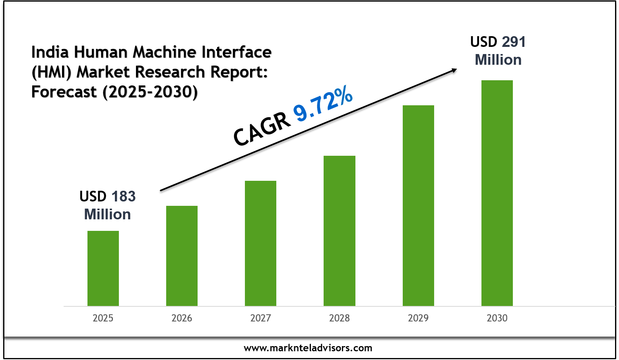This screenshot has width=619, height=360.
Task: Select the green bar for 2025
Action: [103, 268]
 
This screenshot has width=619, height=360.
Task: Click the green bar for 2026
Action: [182, 255]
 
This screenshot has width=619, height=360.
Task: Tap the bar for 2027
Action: [260, 243]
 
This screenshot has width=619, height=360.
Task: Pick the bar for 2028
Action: [339, 230]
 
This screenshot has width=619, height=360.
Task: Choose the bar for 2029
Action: [418, 205]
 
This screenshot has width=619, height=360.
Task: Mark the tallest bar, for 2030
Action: [497, 193]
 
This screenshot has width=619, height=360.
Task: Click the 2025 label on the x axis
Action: [103, 318]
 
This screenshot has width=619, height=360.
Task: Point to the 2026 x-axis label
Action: [182, 318]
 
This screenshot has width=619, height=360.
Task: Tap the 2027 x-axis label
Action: [260, 318]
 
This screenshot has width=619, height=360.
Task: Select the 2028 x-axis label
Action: [339, 318]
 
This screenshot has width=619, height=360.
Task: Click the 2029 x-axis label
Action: [418, 318]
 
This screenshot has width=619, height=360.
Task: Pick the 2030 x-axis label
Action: [497, 318]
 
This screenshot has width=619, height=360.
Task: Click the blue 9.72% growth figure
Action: [323, 104]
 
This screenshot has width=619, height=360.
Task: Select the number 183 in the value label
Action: [123, 196]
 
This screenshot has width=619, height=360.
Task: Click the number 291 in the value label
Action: [514, 42]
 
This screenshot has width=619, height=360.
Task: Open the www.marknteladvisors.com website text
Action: [308, 348]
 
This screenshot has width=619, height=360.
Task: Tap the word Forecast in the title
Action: [64, 92]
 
